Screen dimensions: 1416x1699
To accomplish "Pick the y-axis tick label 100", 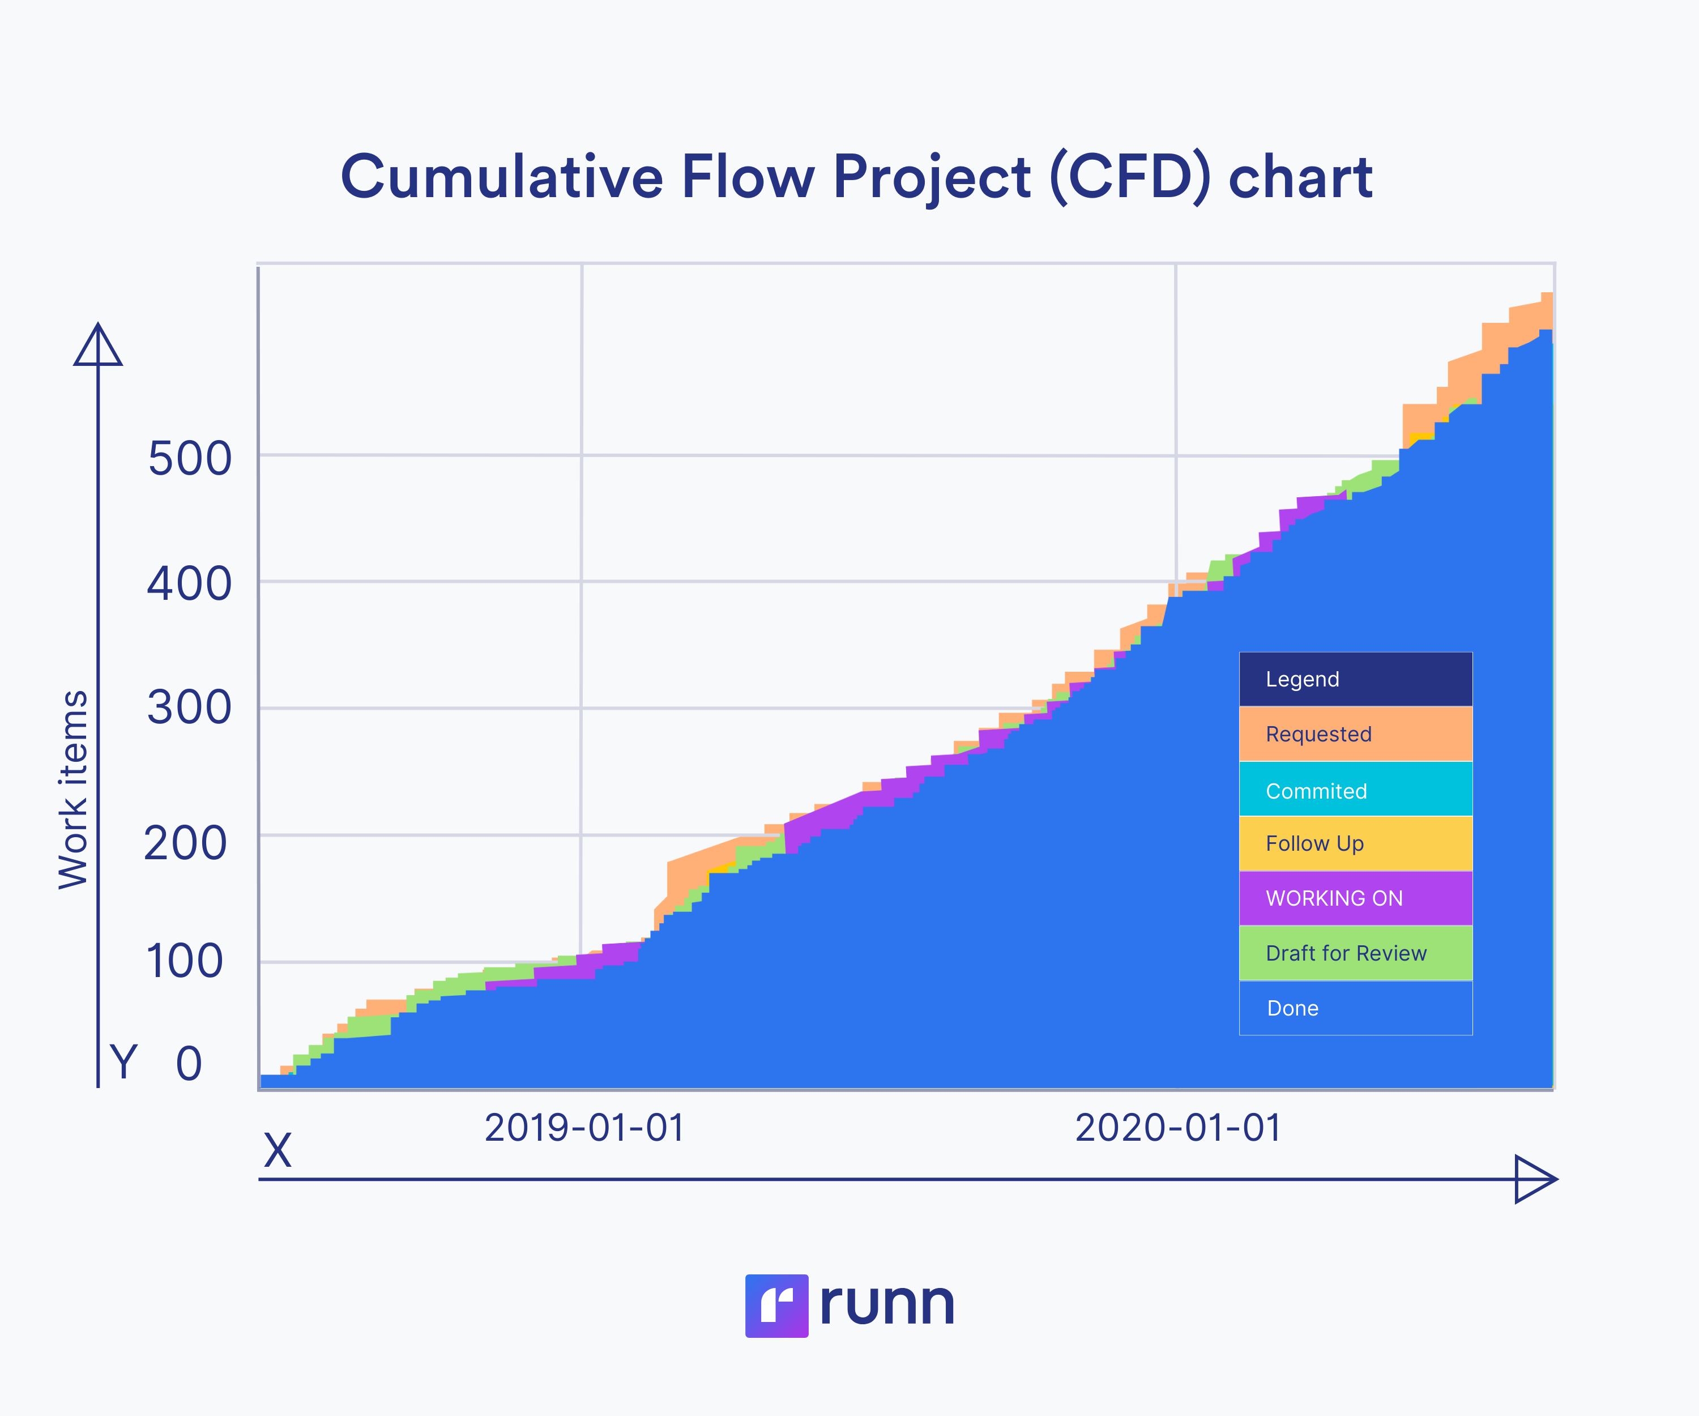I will pos(185,961).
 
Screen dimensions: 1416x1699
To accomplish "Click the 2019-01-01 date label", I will pos(584,1127).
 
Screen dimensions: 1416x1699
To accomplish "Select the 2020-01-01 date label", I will pos(1178,1127).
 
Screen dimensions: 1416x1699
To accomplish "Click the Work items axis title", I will pos(73,789).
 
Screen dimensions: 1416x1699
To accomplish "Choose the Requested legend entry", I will pos(1355,734).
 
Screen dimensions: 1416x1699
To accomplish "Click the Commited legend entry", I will pos(1355,791).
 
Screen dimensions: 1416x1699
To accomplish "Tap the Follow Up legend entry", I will pos(1355,843).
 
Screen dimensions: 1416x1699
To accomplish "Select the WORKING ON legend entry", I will pos(1355,898).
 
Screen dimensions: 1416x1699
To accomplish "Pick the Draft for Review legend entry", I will pos(1355,953).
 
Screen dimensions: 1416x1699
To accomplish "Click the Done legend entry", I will pos(1355,1008).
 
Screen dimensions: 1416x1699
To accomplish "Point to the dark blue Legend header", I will pos(1355,679).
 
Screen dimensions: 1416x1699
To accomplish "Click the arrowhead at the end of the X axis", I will pos(1533,1179).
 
